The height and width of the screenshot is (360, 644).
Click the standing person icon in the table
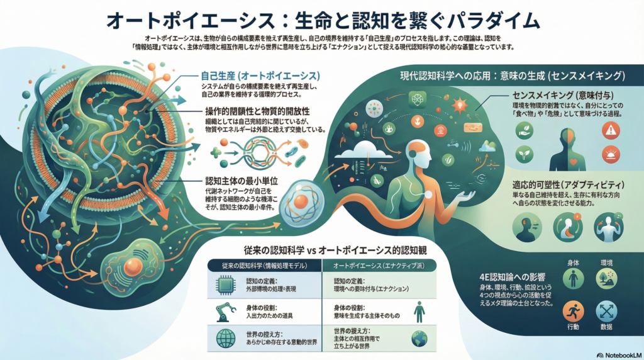[x=419, y=311]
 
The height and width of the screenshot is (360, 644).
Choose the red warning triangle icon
[x=610, y=130]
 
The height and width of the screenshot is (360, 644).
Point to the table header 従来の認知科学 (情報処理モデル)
[x=264, y=266]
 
